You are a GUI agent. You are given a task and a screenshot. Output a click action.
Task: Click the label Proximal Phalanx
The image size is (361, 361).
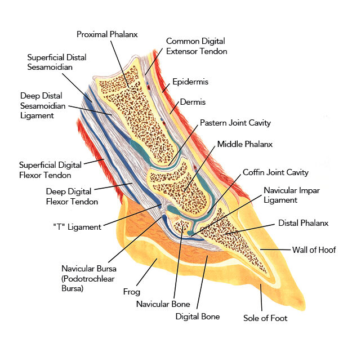point(107,34)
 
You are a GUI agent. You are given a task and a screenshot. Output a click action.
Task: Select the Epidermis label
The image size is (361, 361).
point(190,82)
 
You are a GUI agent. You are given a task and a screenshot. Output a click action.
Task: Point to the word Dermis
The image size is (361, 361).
point(193,102)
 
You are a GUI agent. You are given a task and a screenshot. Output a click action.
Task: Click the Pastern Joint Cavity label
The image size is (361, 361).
point(235,123)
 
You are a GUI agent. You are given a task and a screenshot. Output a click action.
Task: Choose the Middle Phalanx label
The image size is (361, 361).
point(244,144)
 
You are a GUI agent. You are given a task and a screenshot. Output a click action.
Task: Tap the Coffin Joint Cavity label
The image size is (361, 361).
point(275,172)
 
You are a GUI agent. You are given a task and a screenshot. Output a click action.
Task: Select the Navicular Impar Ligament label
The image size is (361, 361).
point(292,195)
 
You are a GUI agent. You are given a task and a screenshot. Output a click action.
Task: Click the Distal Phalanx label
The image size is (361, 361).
point(303,223)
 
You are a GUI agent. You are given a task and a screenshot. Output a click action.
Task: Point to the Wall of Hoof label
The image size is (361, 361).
point(314,249)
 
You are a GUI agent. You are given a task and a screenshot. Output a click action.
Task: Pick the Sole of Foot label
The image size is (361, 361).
point(265,318)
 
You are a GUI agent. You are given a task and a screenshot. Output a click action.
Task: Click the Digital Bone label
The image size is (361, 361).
point(197,317)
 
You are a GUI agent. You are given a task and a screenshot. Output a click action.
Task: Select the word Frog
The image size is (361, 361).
point(131,292)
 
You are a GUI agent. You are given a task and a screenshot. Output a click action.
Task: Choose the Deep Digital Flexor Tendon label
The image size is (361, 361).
point(72,197)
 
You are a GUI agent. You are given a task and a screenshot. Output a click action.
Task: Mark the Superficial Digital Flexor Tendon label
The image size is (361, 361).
point(50,170)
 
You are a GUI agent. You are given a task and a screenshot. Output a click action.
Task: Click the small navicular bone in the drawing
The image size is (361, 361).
point(181,227)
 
